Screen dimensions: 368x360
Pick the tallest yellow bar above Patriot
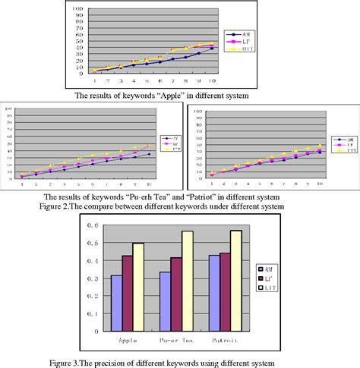pyautogui.click(x=237, y=280)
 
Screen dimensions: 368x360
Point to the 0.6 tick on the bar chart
pyautogui.click(x=93, y=225)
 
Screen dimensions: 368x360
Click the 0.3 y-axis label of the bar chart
pyautogui.click(x=93, y=278)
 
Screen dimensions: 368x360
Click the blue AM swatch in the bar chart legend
pyautogui.click(x=261, y=269)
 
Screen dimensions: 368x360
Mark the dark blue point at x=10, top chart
pyautogui.click(x=211, y=49)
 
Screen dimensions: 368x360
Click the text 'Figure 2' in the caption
pyautogui.click(x=77, y=206)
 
